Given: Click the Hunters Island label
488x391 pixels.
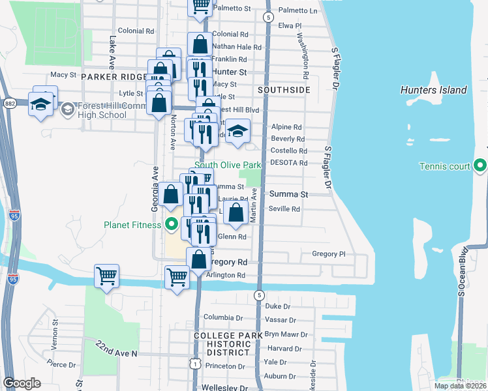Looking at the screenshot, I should [x=434, y=90].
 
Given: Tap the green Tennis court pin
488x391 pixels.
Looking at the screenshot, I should [x=481, y=166].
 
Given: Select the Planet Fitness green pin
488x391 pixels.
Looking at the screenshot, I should [x=172, y=225].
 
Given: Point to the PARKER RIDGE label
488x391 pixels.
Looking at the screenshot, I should [x=114, y=77].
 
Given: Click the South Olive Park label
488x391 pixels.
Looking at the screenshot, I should [x=228, y=165].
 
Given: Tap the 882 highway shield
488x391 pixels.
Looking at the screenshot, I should [x=10, y=102].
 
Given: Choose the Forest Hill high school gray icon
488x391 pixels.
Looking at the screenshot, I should [x=67, y=109].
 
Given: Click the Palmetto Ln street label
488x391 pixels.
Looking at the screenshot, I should [x=297, y=10].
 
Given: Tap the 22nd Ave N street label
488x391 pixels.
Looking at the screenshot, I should [x=116, y=349].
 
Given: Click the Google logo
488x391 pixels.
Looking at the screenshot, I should [x=22, y=383].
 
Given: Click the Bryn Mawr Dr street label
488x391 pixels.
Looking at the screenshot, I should [x=281, y=334].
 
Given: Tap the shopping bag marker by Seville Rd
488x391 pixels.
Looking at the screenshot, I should [x=236, y=210].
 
